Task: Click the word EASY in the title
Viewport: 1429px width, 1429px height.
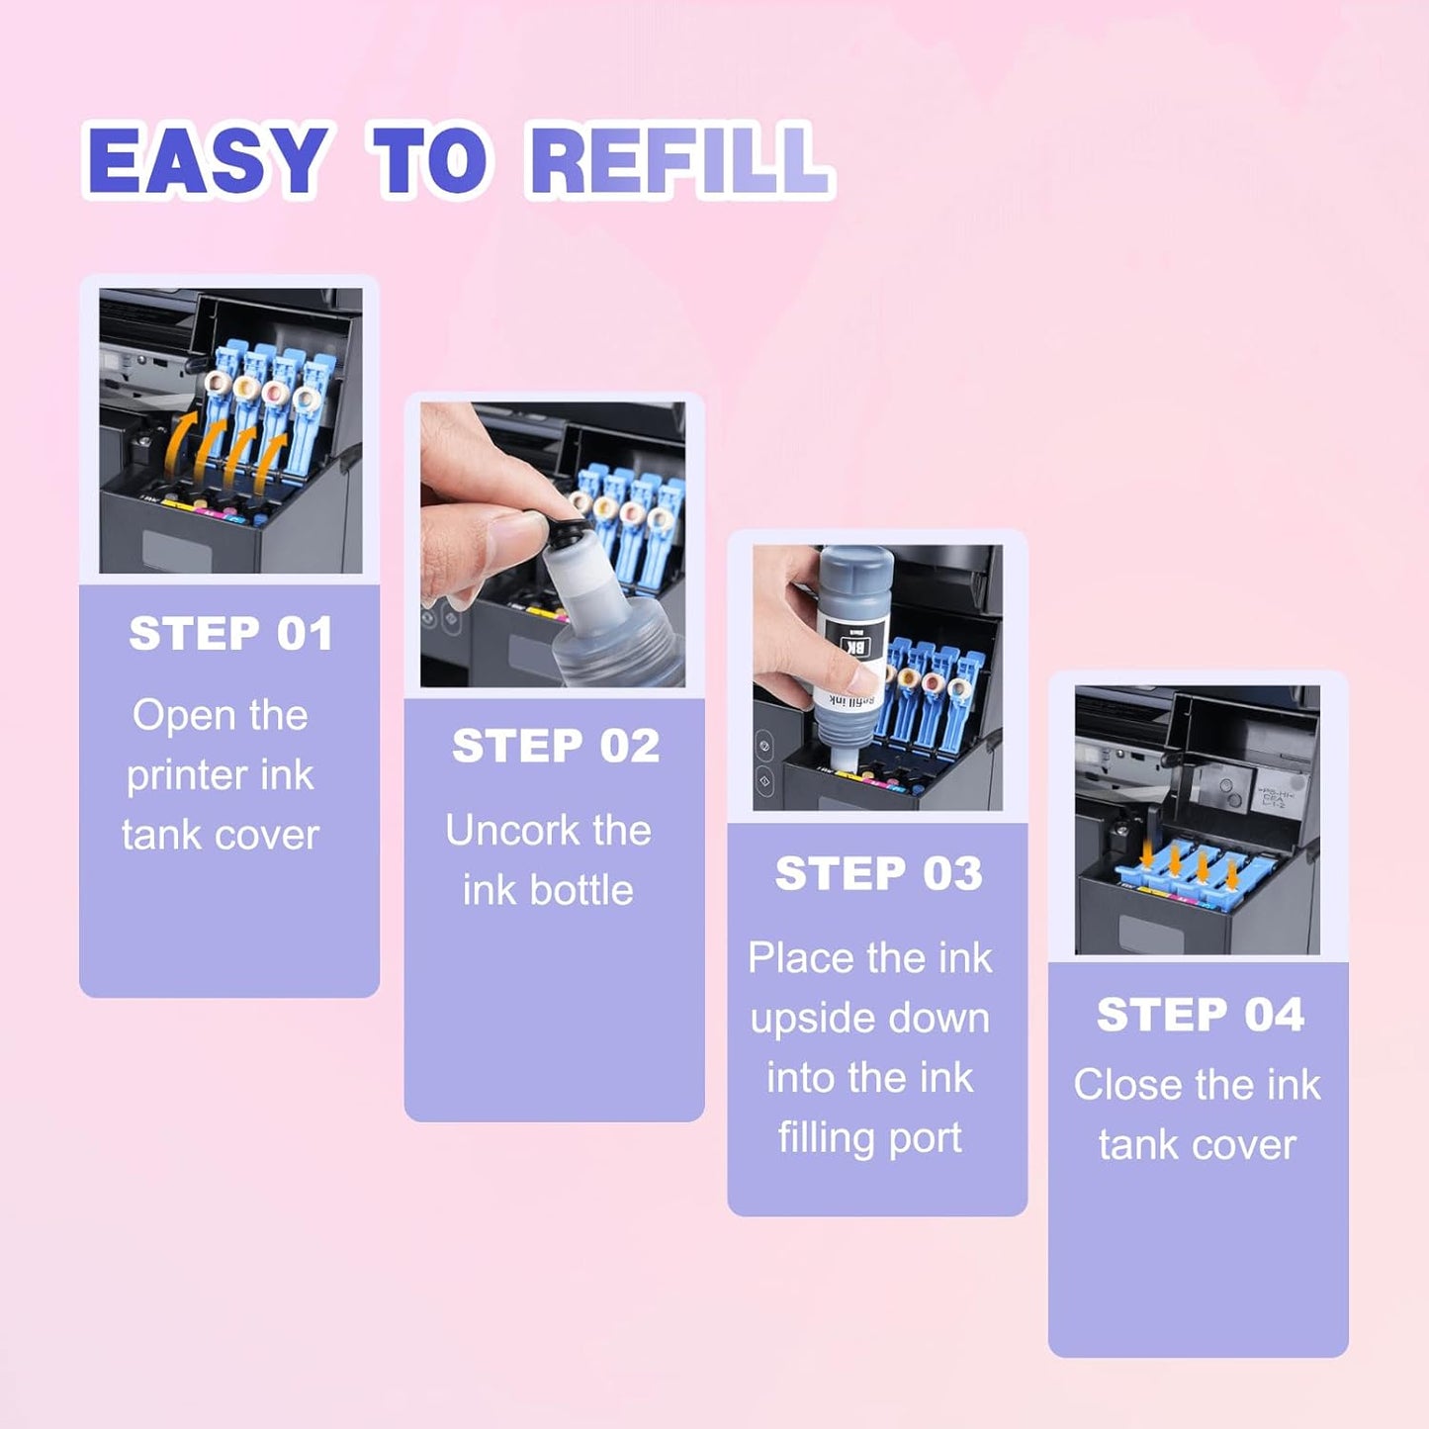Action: point(207,160)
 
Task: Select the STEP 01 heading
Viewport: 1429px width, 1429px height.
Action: point(230,634)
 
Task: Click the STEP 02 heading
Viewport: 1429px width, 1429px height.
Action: point(555,746)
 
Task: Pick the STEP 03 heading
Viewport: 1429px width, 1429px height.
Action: point(878,873)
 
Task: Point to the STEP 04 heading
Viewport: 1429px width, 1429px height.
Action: point(1200,1015)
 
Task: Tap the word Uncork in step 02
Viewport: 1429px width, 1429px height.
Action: point(503,831)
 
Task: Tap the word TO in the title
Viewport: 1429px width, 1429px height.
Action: point(428,160)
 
